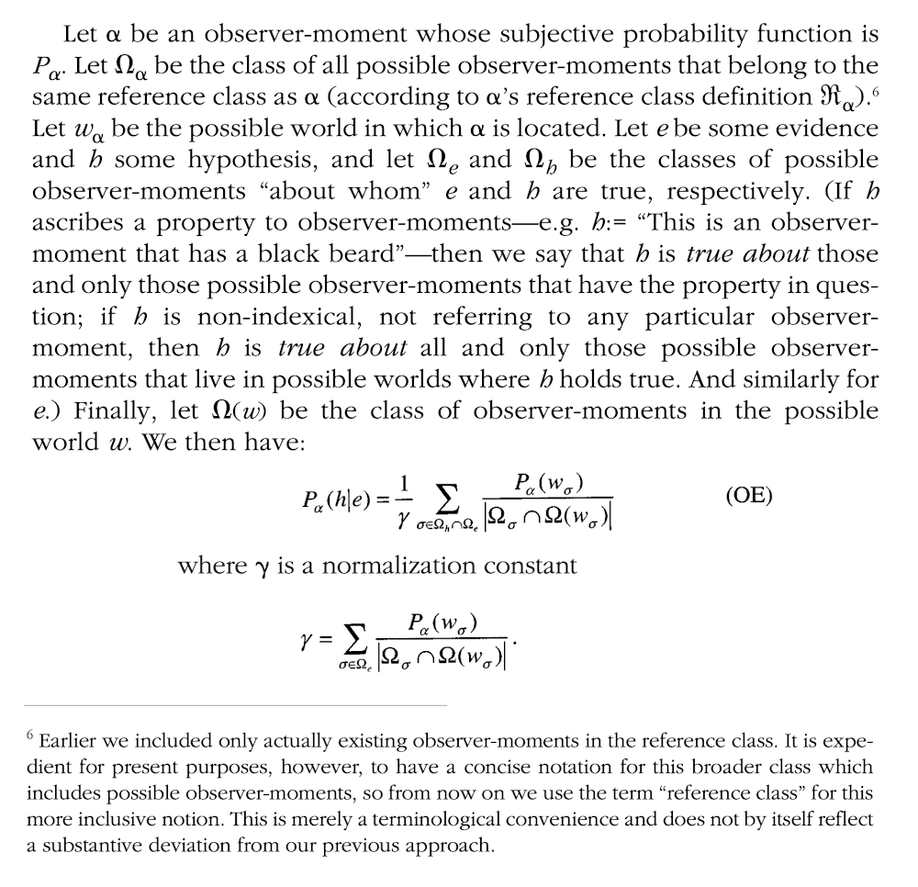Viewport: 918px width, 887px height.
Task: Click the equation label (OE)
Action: click(x=749, y=496)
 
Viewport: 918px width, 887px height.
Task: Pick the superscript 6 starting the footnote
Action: click(x=31, y=736)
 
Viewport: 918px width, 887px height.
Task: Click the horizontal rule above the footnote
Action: click(x=239, y=705)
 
